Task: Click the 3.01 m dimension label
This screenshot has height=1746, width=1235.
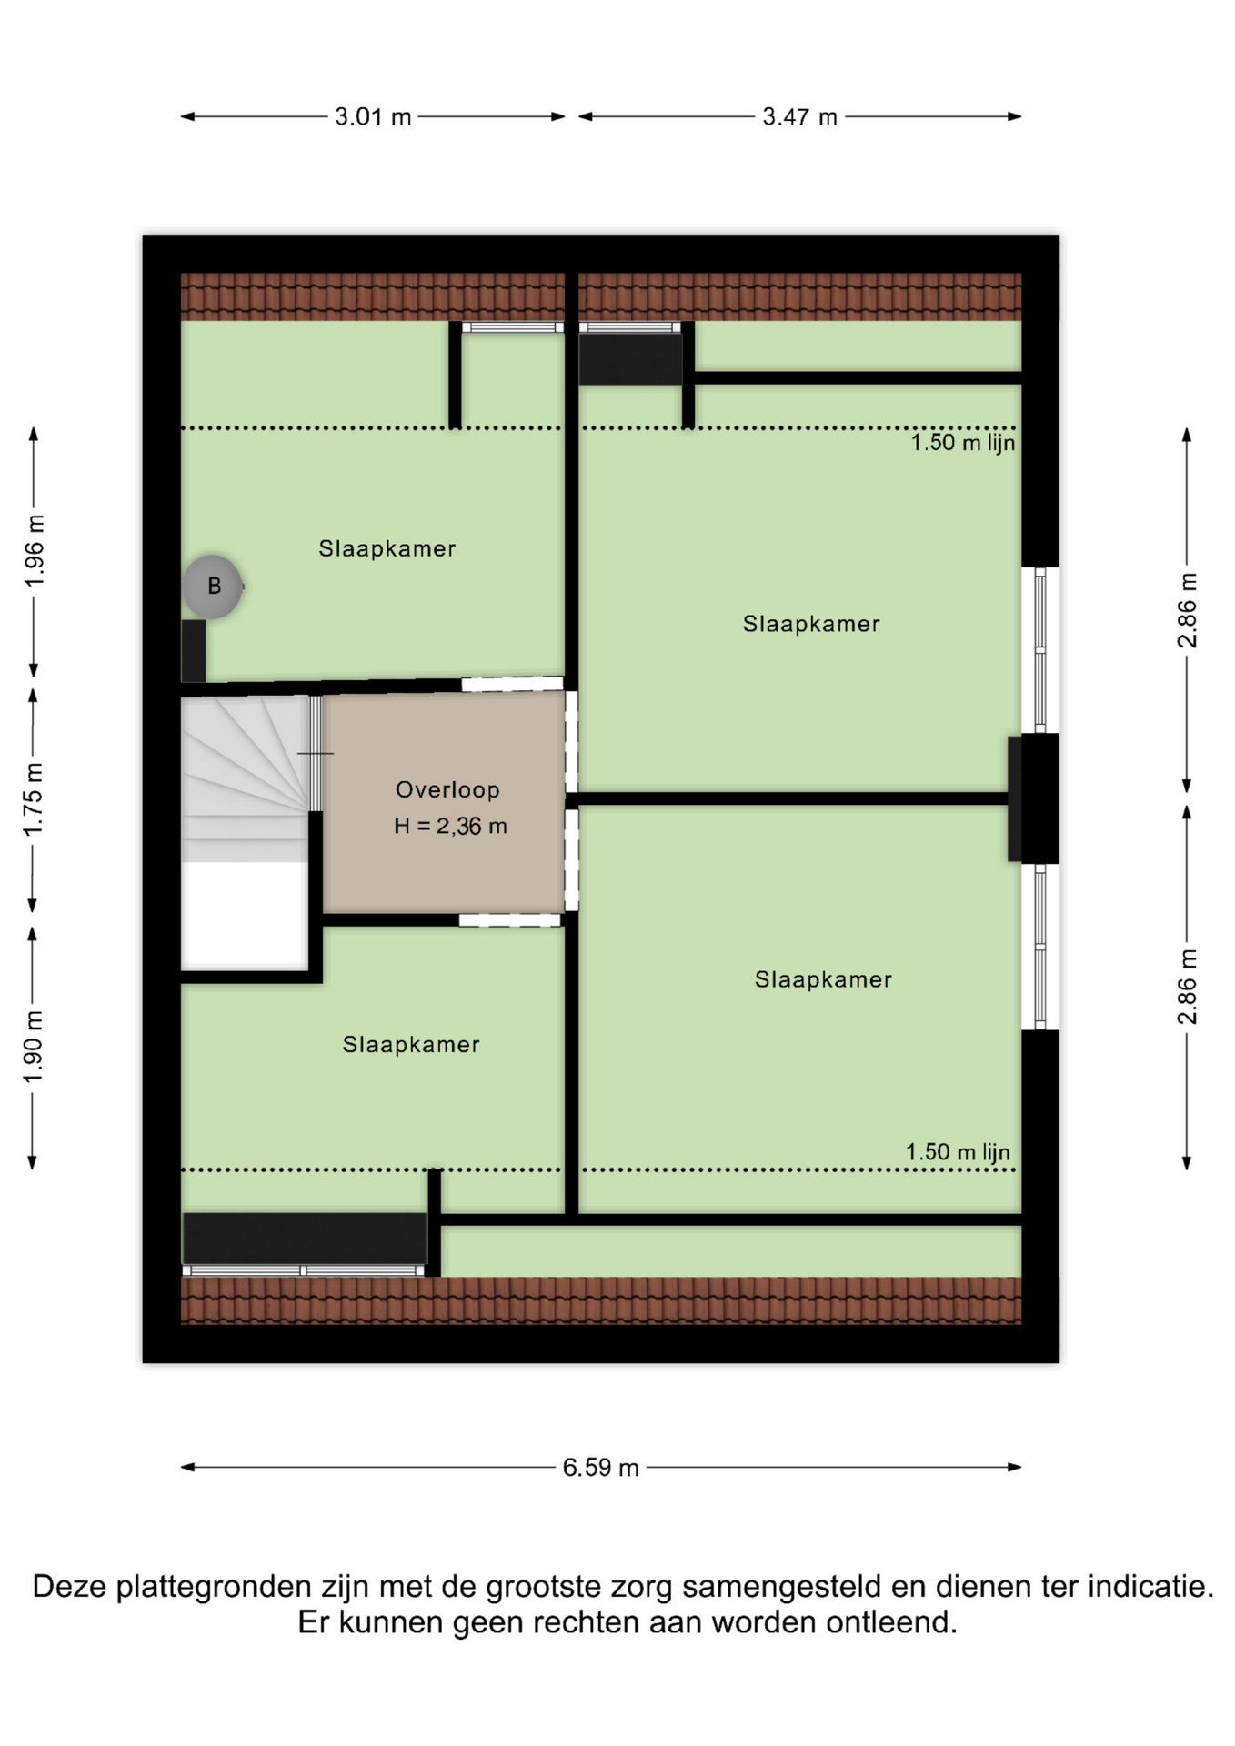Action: tap(373, 117)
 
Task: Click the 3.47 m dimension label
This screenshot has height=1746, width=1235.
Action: tap(799, 117)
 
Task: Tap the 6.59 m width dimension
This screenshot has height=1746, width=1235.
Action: tap(600, 1468)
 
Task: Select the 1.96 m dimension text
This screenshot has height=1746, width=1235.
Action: tap(34, 550)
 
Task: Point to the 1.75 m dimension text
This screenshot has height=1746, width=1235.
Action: tap(34, 799)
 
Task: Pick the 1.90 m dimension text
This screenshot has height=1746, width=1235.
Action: tap(34, 1047)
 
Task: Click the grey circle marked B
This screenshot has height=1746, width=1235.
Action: tap(213, 587)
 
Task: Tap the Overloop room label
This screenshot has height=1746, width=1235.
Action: tap(447, 789)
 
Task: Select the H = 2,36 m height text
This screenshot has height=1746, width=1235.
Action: tap(450, 826)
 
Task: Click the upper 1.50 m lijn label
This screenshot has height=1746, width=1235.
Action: tap(963, 443)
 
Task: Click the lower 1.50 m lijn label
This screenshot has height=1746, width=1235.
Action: tap(958, 1152)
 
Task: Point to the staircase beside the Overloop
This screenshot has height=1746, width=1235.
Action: tap(246, 779)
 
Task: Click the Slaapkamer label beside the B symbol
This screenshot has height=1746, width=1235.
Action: tap(387, 548)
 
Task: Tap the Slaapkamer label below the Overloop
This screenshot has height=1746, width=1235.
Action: tap(411, 1044)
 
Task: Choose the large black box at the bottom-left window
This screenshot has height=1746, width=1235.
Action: tap(305, 1238)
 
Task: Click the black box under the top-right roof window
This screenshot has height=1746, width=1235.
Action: tap(631, 358)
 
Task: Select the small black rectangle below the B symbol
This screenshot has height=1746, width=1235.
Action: tap(194, 651)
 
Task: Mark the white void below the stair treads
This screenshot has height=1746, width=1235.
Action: tap(245, 915)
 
